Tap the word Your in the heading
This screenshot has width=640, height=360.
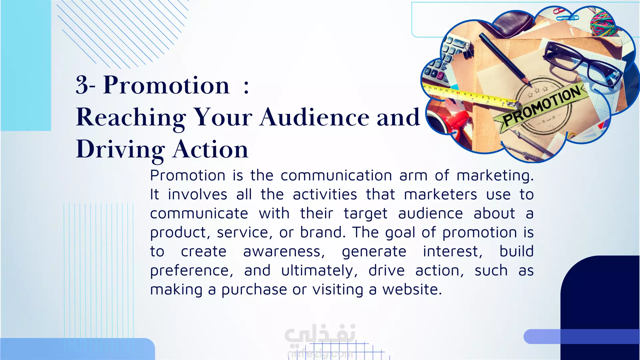pyautogui.click(x=223, y=117)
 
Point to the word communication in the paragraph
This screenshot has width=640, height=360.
pyautogui.click(x=336, y=175)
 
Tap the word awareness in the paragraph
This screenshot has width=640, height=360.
pyautogui.click(x=284, y=252)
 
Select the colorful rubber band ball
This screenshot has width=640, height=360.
pyautogui.click(x=603, y=23)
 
